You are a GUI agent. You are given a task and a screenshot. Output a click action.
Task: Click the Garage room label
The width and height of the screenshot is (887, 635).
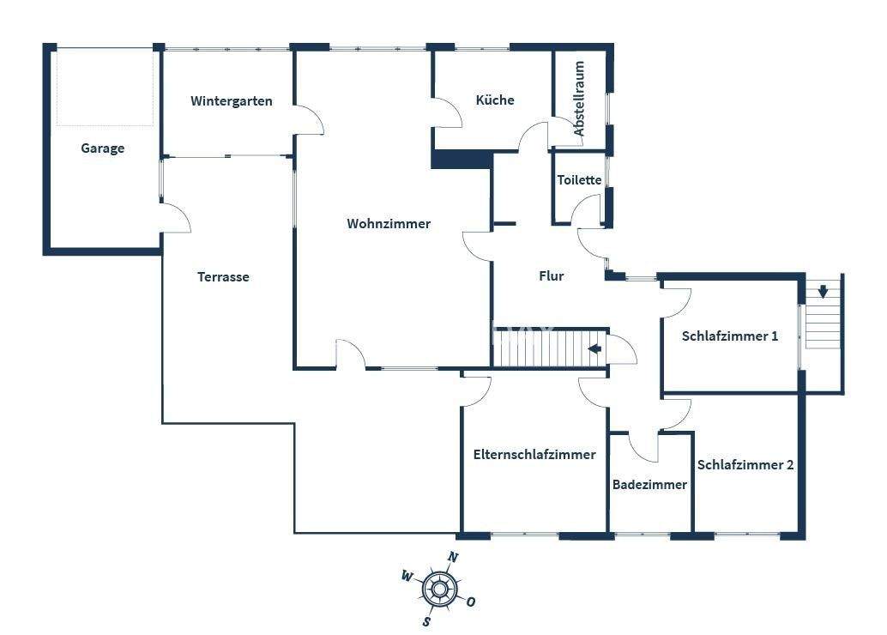pos(103,148)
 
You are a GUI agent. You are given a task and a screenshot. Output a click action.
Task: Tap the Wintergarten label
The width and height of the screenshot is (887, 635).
pos(231,101)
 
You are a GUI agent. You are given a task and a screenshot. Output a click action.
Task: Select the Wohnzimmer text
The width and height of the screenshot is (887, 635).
pos(389,224)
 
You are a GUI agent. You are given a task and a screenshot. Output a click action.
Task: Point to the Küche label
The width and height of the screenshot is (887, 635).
pos(495,100)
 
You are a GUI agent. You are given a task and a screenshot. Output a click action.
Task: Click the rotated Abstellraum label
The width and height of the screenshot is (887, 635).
pos(580,99)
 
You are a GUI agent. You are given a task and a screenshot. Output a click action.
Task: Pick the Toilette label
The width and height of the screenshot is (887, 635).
pos(580,180)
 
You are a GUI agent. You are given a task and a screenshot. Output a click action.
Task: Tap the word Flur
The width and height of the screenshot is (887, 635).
pos(551,276)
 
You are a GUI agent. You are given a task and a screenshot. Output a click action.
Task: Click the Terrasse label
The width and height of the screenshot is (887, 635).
pos(223,277)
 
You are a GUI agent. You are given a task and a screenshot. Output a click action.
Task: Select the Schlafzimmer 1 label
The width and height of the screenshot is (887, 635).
pos(730,336)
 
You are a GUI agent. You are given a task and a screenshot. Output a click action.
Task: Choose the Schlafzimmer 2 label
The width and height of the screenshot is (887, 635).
pos(745,465)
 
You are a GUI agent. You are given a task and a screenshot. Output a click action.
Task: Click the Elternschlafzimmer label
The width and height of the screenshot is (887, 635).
pos(534,455)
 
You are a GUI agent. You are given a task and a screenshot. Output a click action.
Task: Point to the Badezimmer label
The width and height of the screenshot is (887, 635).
pos(649,485)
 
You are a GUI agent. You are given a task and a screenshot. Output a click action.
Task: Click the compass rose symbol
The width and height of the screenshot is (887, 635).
pos(439,589)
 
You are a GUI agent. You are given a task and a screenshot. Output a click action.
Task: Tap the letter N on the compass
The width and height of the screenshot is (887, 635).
pos(454,558)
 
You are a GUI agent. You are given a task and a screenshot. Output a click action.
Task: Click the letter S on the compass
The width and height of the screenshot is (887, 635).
pos(426,621)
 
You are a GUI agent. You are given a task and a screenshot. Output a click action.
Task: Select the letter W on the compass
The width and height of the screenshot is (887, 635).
pos(406,576)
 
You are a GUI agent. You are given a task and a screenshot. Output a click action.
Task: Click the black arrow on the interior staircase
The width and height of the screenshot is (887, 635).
pos(594,348)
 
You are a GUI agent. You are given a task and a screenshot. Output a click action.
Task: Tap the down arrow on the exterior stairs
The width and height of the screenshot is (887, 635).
pos(823,291)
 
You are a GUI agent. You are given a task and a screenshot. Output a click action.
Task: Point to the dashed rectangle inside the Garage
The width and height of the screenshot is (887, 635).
pos(105,87)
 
